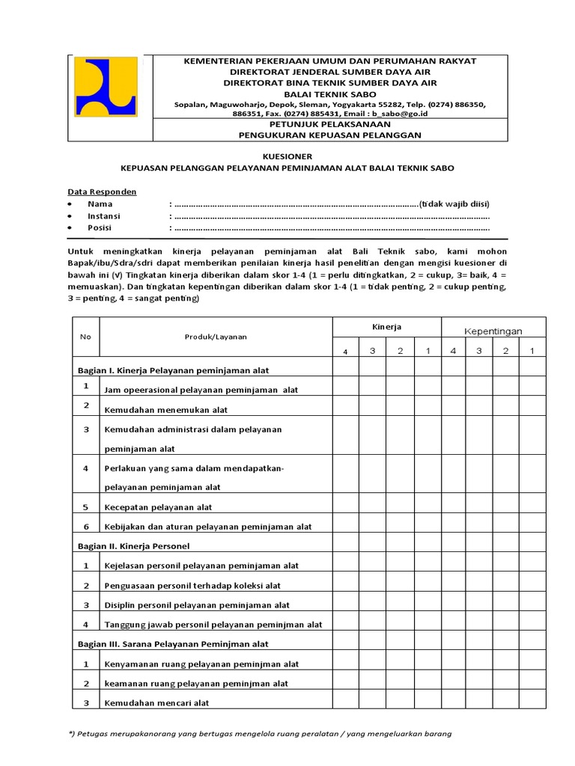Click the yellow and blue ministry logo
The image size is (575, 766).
pos(106,87)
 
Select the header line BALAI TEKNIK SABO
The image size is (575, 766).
pos(329,94)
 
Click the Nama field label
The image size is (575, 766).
pos(100,203)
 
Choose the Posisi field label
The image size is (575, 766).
pos(100,227)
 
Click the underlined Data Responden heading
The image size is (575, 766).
pos(102,191)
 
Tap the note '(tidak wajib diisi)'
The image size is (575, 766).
pos(454,203)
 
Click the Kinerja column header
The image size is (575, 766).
pos(386,327)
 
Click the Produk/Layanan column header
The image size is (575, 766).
pos(216,337)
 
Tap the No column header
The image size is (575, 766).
pos(85,337)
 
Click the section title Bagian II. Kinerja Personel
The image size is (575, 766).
pos(133,546)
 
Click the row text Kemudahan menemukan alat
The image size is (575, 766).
pos(166,410)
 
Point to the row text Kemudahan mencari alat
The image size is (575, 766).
pos(156,702)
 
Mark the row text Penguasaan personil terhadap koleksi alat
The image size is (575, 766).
pos(192,586)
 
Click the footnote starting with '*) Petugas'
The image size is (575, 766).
pos(259,734)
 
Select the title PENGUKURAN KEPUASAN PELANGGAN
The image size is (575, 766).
pos(329,135)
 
